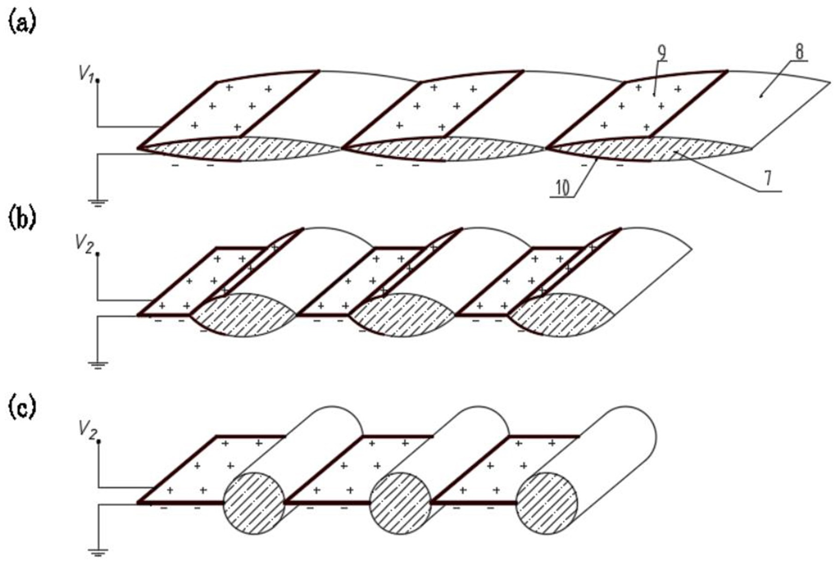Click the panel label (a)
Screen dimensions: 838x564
pos(22,22)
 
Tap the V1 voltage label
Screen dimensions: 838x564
pos(86,74)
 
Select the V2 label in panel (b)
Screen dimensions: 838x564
pos(86,245)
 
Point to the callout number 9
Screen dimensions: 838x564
pos(661,54)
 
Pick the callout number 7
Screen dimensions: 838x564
pos(768,179)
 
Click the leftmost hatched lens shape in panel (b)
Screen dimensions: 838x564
pos(244,315)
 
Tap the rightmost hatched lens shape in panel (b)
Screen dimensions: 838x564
pos(561,315)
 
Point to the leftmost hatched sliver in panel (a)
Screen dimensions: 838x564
pos(240,149)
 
